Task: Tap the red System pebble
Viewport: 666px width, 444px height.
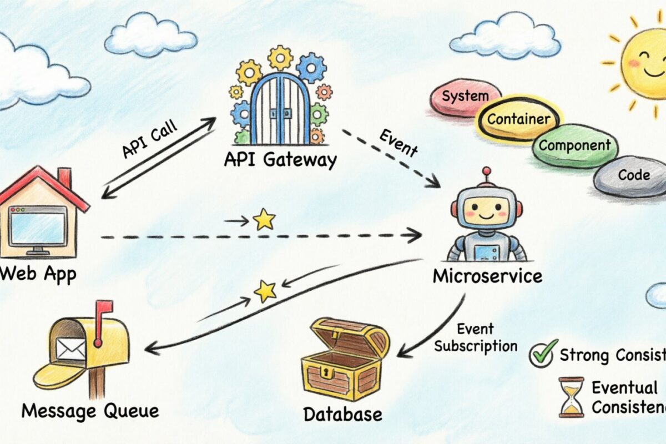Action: [x=463, y=98]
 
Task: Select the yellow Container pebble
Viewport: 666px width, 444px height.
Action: [x=518, y=118]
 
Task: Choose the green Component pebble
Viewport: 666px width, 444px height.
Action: [x=574, y=146]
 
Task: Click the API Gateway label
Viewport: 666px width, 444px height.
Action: [x=280, y=160]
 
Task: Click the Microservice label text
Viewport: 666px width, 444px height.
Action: [x=487, y=275]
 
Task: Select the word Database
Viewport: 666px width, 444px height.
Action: [x=342, y=414]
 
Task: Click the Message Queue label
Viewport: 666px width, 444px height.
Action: [x=90, y=411]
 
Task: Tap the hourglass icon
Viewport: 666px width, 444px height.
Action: [x=571, y=397]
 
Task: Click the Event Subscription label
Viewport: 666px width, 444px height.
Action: [x=476, y=337]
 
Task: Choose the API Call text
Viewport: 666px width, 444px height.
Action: [x=149, y=140]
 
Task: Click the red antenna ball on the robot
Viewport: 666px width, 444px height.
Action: [x=487, y=171]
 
